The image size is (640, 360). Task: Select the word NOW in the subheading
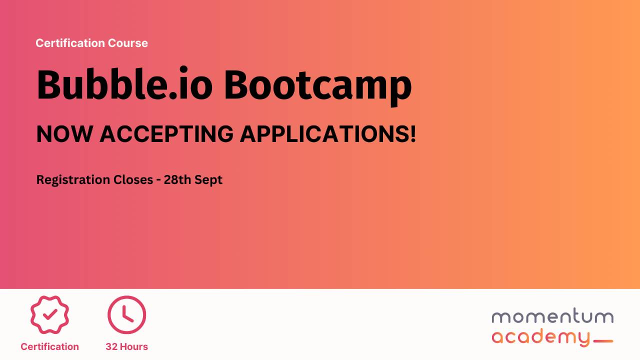click(x=64, y=134)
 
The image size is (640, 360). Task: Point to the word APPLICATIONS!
click(x=328, y=134)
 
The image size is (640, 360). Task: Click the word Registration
click(x=69, y=180)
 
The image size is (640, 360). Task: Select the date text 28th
click(x=177, y=180)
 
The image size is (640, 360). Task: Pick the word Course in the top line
click(x=129, y=43)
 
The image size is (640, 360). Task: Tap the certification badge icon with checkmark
click(x=49, y=314)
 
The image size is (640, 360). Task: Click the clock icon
click(x=126, y=314)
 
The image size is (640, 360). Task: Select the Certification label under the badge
click(x=49, y=346)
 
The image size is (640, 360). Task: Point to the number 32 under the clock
click(x=111, y=346)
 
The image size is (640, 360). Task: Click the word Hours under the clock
click(x=133, y=346)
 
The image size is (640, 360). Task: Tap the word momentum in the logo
click(x=552, y=317)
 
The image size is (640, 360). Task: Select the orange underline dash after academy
click(x=602, y=341)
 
